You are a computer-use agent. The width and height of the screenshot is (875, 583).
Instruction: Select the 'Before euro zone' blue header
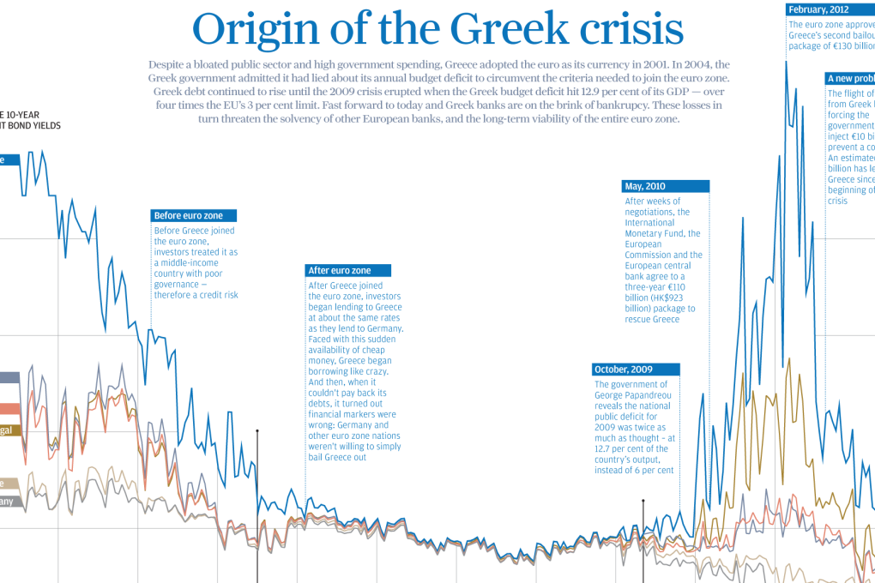point(193,216)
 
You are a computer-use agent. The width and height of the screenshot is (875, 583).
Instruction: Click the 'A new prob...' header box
point(850,78)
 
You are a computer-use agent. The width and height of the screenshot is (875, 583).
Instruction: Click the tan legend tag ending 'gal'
point(8,430)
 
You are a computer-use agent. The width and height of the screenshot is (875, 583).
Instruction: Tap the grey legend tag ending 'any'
point(8,501)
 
